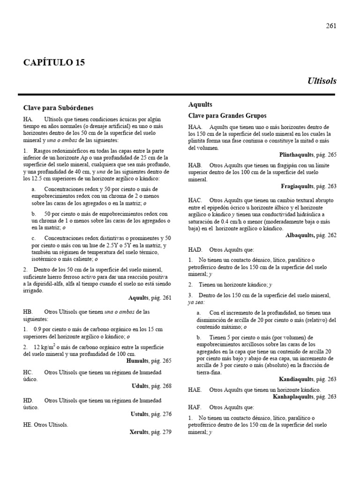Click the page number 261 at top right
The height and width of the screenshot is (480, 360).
click(331, 26)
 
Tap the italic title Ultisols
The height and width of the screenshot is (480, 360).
click(322, 81)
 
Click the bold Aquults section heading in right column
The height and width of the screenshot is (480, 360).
click(200, 105)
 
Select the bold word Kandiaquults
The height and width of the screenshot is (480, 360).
click(299, 379)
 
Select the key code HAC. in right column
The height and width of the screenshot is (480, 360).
click(195, 200)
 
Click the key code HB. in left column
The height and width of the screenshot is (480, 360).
click(28, 312)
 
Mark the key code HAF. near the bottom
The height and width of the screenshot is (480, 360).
click(195, 408)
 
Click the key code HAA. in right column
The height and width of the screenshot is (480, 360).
click(195, 127)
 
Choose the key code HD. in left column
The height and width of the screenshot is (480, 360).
click(28, 400)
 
